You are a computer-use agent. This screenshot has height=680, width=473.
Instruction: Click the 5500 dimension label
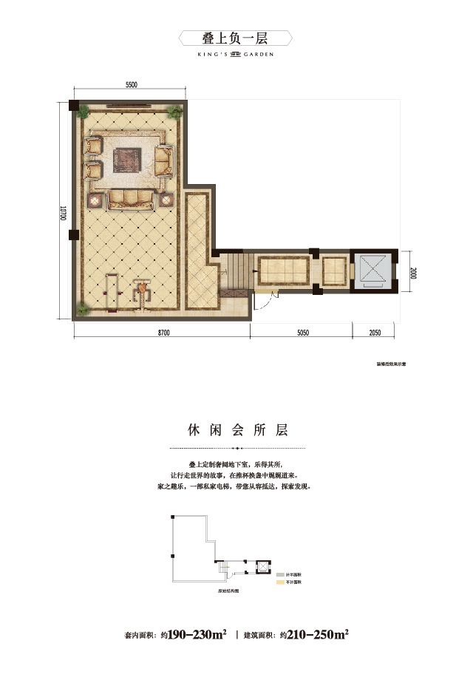[x=130, y=85]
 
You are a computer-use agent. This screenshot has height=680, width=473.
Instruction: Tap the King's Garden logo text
[x=236, y=52]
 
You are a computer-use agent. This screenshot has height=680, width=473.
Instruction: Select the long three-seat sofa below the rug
[x=132, y=198]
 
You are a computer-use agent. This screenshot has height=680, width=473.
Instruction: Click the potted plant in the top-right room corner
[x=175, y=112]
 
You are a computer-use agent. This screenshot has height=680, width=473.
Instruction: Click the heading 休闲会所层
[x=236, y=429]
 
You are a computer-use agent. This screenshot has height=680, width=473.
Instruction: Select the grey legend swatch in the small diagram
[x=280, y=574]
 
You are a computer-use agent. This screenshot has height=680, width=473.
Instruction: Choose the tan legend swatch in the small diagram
[x=280, y=582]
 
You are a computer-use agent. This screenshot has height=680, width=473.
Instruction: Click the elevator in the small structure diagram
[x=259, y=568]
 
